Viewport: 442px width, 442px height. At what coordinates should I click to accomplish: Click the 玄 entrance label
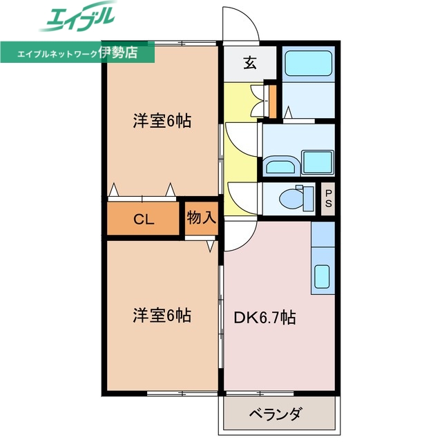(250, 63)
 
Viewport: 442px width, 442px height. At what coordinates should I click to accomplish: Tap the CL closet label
(143, 220)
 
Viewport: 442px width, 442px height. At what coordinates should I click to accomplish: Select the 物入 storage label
(202, 218)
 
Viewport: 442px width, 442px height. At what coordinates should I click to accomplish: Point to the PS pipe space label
(328, 198)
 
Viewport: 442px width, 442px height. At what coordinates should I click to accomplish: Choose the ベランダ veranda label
(275, 414)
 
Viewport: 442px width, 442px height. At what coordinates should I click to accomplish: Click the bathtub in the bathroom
(309, 64)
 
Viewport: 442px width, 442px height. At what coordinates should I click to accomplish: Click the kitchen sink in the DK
(323, 276)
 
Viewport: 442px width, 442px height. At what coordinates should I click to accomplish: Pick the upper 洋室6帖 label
(162, 122)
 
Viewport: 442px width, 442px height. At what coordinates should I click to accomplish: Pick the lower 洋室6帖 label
(162, 316)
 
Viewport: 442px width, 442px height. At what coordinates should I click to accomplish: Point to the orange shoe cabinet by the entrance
(272, 101)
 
